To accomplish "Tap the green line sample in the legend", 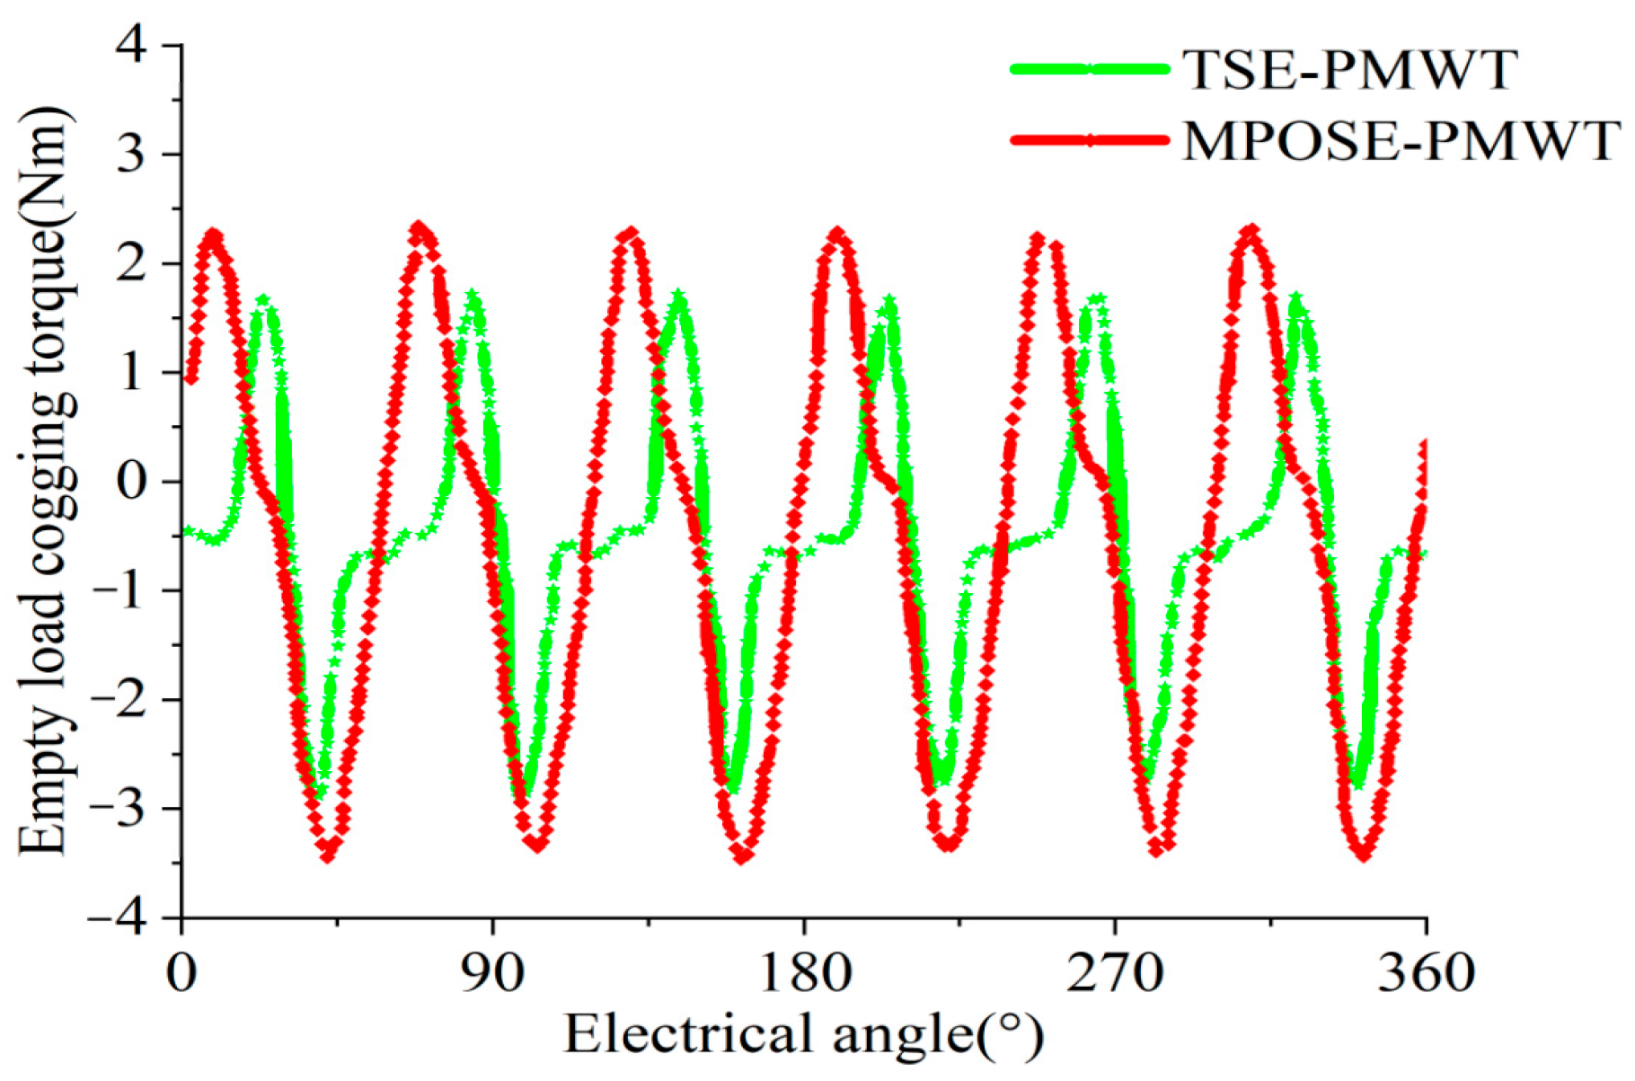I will pyautogui.click(x=1090, y=68).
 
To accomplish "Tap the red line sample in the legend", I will pyautogui.click(x=1090, y=140).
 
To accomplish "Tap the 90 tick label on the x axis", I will pyautogui.click(x=493, y=972).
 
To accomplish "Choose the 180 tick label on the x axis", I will pyautogui.click(x=803, y=972).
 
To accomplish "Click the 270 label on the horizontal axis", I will pyautogui.click(x=1114, y=972).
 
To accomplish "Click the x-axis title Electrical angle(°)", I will pyautogui.click(x=803, y=1033).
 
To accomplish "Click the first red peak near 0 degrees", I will pyautogui.click(x=212, y=235).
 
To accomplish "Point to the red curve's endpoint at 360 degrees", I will pyautogui.click(x=1425, y=442).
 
